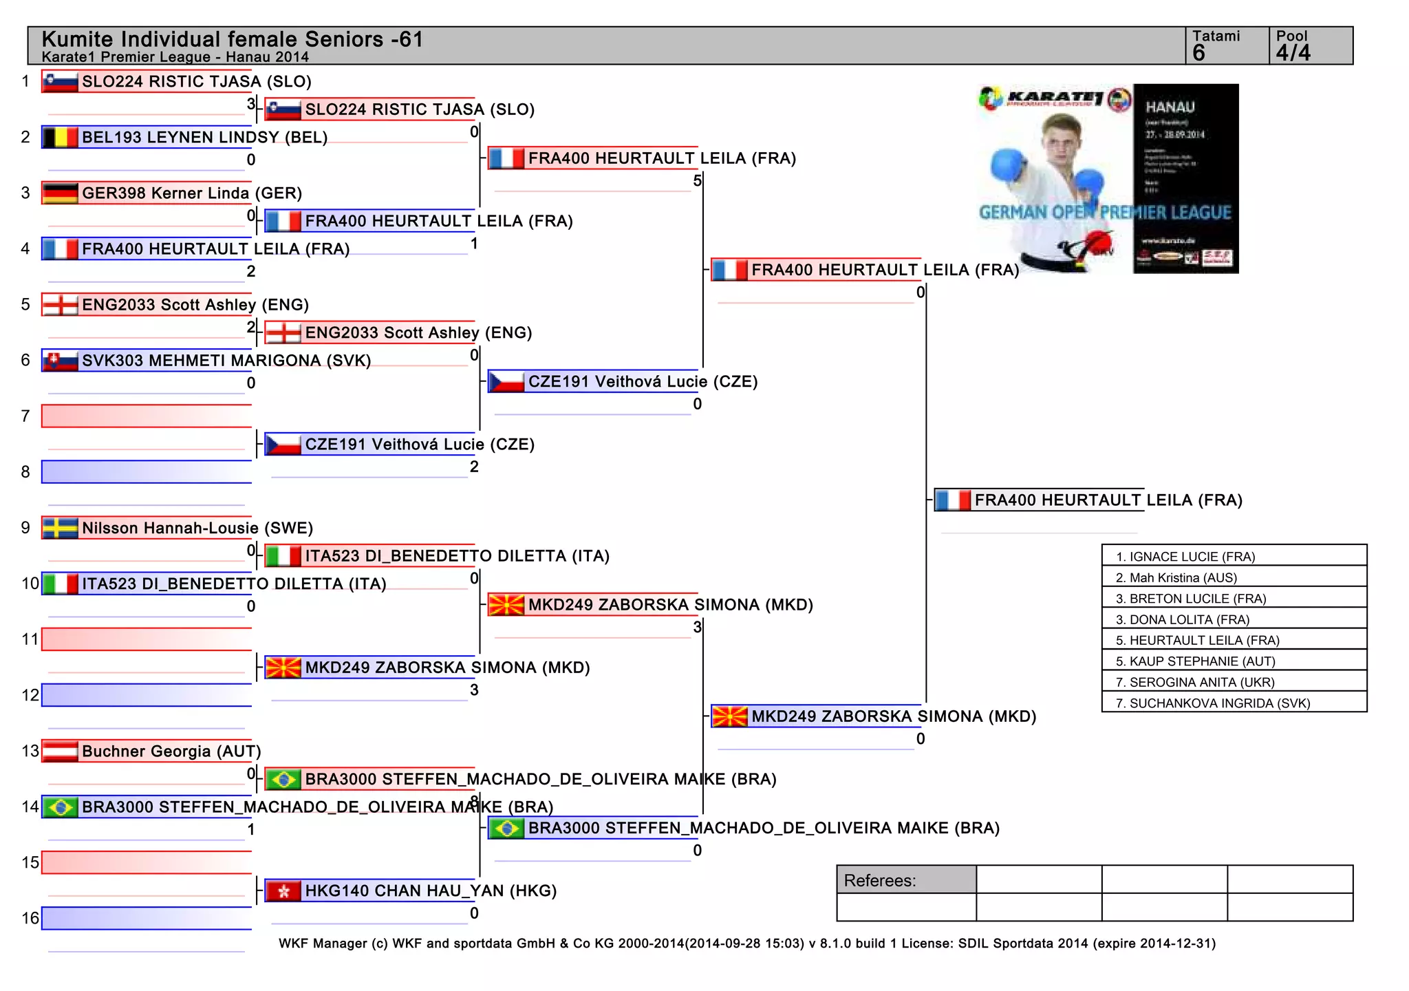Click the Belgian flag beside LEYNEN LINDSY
(x=60, y=138)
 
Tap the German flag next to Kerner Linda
(x=60, y=193)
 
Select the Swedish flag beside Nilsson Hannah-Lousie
(x=60, y=528)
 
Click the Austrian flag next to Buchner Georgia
(x=60, y=751)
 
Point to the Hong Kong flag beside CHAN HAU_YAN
(x=283, y=891)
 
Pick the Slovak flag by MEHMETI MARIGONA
(x=60, y=361)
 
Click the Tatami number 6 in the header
(x=1199, y=53)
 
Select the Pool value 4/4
(x=1293, y=53)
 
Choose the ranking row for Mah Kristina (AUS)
(x=1234, y=577)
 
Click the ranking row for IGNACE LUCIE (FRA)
(x=1234, y=556)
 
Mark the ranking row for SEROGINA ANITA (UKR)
(x=1234, y=682)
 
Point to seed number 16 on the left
(x=30, y=918)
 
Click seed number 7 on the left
(x=25, y=416)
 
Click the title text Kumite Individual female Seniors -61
(x=232, y=39)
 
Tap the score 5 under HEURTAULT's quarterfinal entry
(x=697, y=181)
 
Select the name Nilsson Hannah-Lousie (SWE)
(x=197, y=528)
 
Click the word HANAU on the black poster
(x=1170, y=107)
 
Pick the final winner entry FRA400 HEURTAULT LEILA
(x=1108, y=500)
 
